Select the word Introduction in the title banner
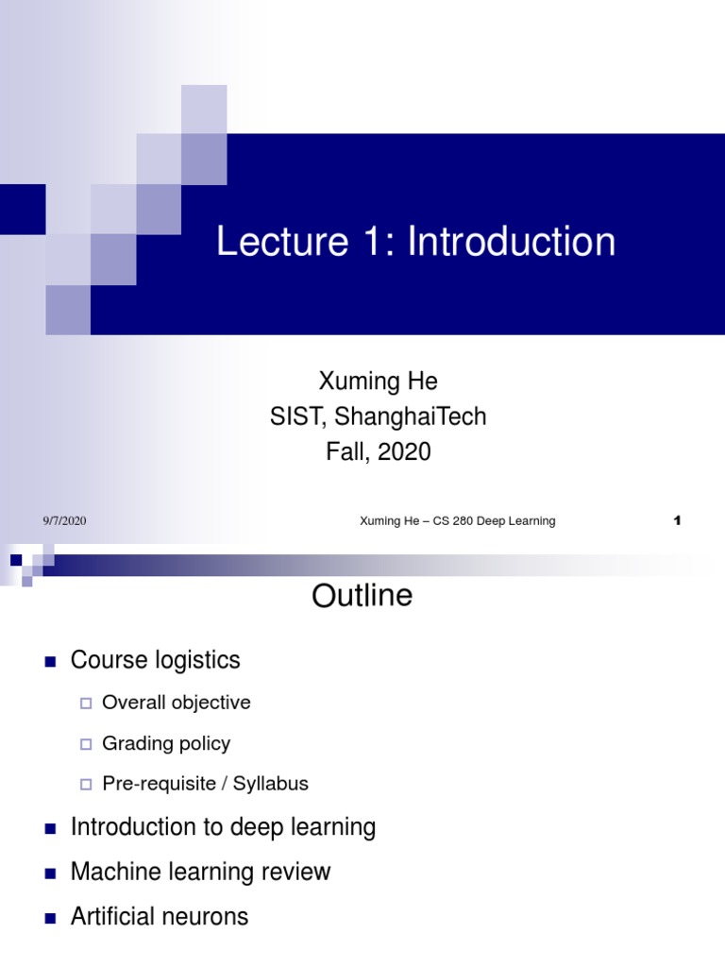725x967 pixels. click(512, 242)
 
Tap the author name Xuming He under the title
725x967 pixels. click(378, 382)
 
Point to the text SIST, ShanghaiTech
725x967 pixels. click(378, 416)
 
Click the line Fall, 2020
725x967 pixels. click(378, 451)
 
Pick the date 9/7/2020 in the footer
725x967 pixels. click(64, 521)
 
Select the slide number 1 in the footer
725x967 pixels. click(677, 521)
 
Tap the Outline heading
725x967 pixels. click(362, 597)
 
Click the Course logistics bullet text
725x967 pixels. click(155, 660)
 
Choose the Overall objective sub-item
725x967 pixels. click(176, 703)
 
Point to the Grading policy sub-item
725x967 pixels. click(165, 743)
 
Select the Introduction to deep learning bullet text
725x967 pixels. click(223, 827)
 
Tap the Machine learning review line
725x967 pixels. click(200, 872)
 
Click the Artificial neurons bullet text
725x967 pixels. click(159, 916)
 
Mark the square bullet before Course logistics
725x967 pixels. click(51, 661)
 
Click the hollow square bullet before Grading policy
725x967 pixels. click(86, 744)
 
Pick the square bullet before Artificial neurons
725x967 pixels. click(51, 917)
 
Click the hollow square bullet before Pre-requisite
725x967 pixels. click(86, 785)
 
